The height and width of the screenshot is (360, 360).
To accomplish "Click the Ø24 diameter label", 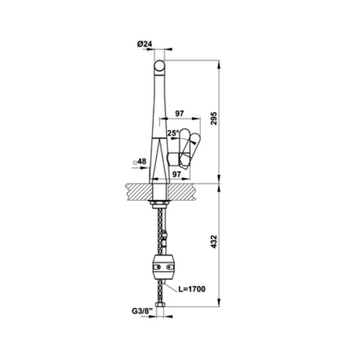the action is click(x=144, y=44).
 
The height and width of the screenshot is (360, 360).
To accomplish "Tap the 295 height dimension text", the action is click(x=214, y=118).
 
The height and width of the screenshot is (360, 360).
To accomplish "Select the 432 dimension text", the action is click(x=214, y=242).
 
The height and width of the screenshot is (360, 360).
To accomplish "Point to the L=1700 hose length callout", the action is click(x=192, y=289).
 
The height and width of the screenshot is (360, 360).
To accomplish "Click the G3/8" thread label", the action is click(x=142, y=311).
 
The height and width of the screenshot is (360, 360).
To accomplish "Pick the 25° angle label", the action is click(x=173, y=133).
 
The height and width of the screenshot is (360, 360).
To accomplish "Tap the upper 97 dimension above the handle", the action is click(x=180, y=113).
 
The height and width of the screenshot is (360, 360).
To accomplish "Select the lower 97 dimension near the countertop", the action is click(x=176, y=174).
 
